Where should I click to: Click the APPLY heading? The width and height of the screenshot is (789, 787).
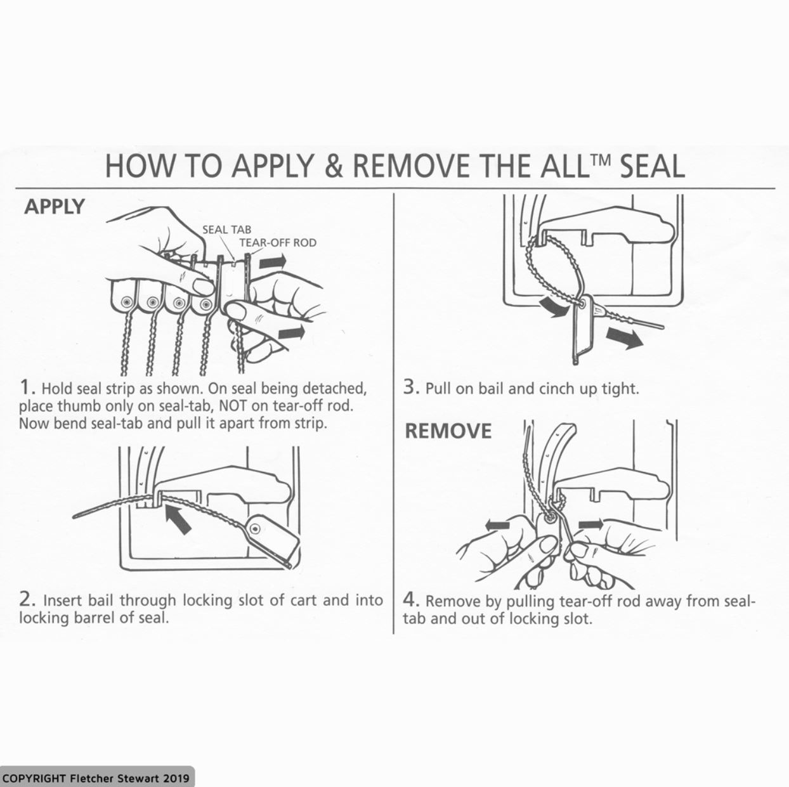tap(55, 206)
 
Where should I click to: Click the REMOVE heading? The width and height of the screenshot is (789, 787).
tap(448, 431)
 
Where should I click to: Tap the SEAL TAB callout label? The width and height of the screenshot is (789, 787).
tap(227, 230)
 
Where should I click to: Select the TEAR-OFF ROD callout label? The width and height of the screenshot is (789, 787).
tap(278, 243)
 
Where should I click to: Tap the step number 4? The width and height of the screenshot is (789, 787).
tap(411, 601)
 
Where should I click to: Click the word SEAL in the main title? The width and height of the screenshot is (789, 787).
tap(652, 166)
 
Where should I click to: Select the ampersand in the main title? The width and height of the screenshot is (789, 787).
tap(335, 166)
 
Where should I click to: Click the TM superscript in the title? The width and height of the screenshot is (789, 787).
tap(600, 157)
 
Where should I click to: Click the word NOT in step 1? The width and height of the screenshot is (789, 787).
tap(233, 406)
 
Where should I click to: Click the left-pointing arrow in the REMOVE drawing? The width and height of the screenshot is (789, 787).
tap(497, 525)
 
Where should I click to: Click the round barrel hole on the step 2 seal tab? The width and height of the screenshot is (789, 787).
tap(256, 530)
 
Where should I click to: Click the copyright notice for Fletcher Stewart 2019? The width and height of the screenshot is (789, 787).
tap(96, 778)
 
